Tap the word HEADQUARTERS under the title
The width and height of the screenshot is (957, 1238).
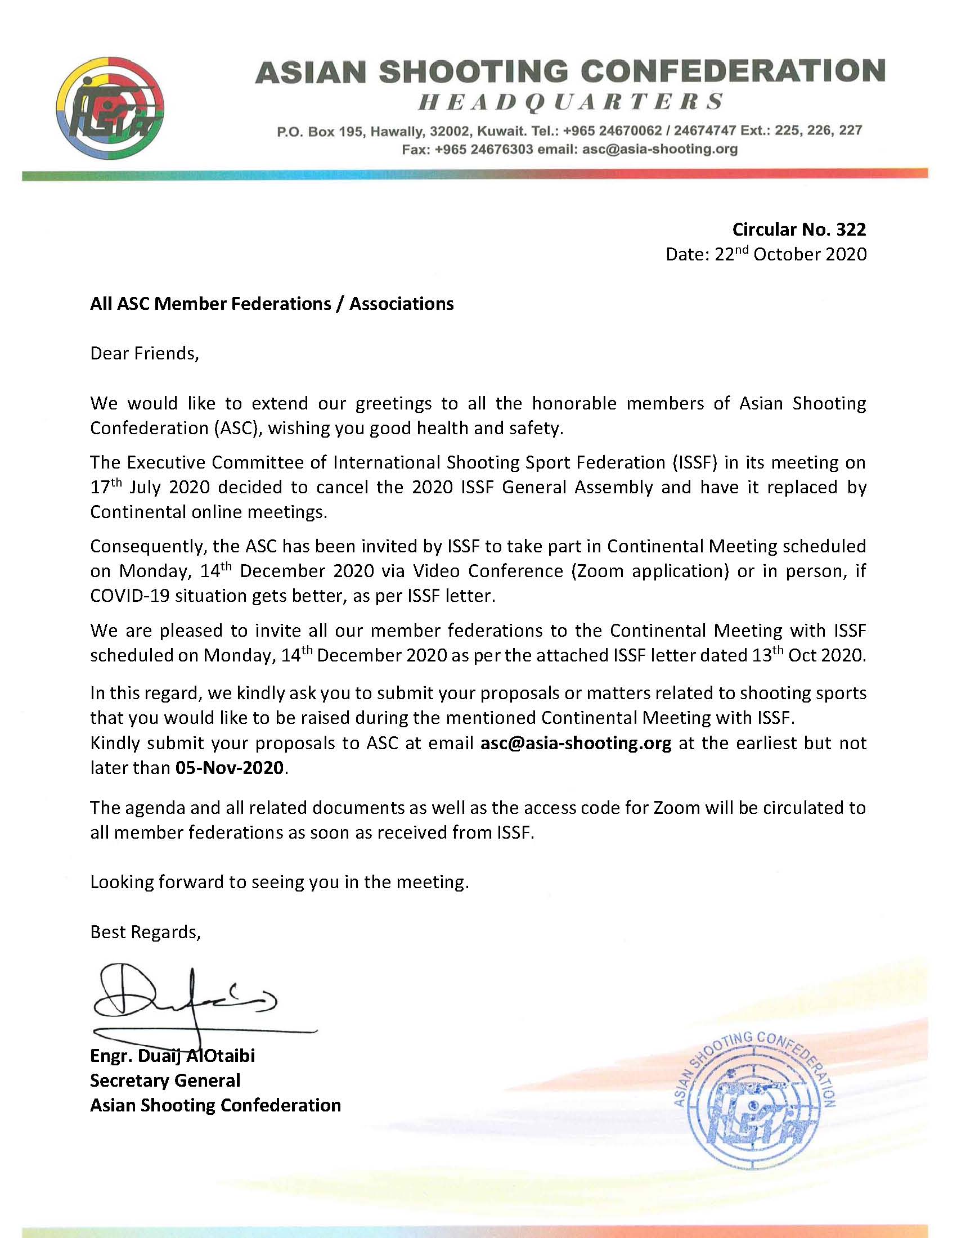(x=570, y=102)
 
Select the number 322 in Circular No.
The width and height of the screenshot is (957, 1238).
(x=851, y=229)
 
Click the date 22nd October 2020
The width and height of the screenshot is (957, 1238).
(x=790, y=254)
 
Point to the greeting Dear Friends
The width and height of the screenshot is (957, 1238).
(x=145, y=354)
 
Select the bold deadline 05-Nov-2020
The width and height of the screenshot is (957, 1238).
(x=229, y=768)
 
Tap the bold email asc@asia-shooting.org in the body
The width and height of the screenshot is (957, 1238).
(x=576, y=742)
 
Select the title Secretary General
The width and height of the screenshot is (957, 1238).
(x=165, y=1081)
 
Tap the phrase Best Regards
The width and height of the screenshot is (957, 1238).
(x=145, y=932)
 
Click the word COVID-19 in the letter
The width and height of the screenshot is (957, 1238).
(x=129, y=596)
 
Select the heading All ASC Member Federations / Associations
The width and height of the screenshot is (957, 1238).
(x=272, y=304)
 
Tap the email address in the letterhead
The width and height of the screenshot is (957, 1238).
(x=660, y=150)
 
